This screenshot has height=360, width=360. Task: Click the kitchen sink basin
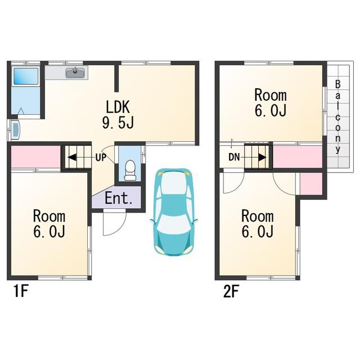tap(75, 73)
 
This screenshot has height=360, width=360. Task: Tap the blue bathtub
tap(26, 76)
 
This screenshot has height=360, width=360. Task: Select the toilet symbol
tap(130, 170)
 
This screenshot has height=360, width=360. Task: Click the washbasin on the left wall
tap(16, 130)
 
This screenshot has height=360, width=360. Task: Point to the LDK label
tap(118, 106)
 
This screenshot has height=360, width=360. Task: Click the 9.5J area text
tap(118, 123)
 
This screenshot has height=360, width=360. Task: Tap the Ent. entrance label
tap(119, 198)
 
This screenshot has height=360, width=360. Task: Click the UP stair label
tap(101, 157)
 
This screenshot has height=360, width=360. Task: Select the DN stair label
tap(234, 157)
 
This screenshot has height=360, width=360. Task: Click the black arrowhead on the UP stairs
tap(71, 157)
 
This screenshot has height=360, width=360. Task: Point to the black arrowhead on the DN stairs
tap(263, 157)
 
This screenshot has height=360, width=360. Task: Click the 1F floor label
tap(21, 291)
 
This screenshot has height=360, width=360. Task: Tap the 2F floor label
tap(231, 291)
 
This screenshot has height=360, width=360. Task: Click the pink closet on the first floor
tap(36, 157)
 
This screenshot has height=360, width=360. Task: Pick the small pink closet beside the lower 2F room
tap(311, 183)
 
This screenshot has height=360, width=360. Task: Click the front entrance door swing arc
tap(119, 230)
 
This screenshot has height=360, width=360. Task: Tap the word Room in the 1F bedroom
tap(49, 216)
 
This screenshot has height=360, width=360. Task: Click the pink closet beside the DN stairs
tap(298, 157)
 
